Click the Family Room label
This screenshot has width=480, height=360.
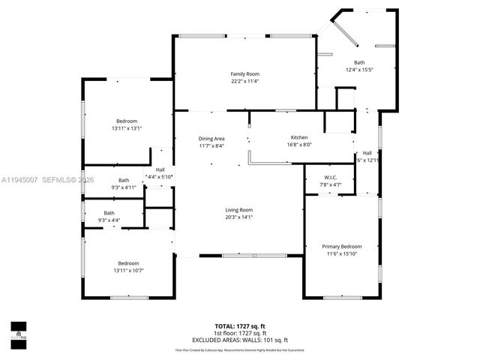(244, 73)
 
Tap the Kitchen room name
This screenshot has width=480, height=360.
(300, 137)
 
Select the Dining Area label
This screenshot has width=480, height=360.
(211, 139)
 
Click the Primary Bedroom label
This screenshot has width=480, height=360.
(342, 247)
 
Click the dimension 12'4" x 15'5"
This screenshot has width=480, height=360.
(360, 70)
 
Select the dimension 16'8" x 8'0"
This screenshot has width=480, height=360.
(300, 145)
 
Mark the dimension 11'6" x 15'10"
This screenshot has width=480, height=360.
(342, 254)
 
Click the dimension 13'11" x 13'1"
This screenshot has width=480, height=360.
(127, 128)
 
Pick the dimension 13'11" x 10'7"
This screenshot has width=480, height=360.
(128, 270)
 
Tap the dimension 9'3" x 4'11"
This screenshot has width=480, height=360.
(123, 187)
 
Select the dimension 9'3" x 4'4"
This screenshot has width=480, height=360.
(109, 220)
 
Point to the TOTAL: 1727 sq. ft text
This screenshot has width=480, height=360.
(239, 327)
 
